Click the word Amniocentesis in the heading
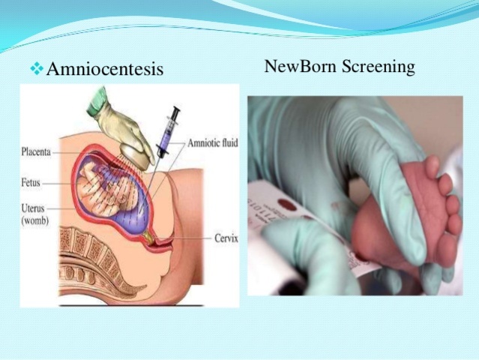104,70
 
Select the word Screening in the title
378,67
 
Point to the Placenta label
35,151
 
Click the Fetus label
31,182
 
